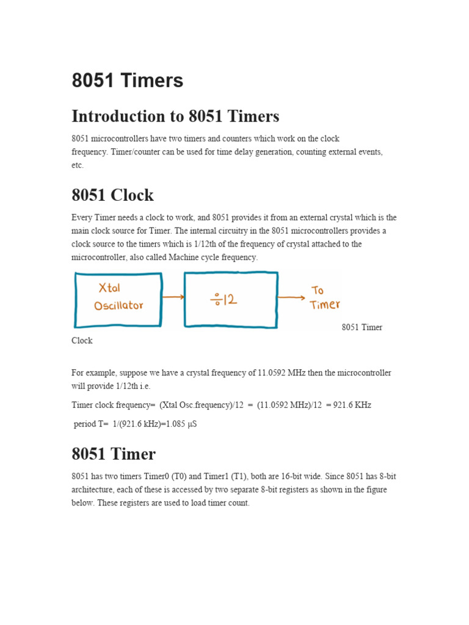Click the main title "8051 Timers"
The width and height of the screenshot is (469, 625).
[127, 81]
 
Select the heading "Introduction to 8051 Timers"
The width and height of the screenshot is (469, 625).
[175, 116]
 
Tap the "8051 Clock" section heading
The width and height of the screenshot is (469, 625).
[112, 195]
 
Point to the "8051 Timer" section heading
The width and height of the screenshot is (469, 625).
[114, 454]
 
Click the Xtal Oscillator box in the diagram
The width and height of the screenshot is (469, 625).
[118, 300]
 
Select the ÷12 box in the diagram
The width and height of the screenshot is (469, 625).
[231, 300]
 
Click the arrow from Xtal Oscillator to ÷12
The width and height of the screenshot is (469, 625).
[173, 297]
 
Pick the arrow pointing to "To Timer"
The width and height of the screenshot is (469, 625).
[291, 298]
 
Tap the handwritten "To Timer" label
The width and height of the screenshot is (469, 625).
[324, 297]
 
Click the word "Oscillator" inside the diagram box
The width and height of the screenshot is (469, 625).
[118, 306]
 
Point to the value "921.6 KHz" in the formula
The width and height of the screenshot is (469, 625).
[349, 405]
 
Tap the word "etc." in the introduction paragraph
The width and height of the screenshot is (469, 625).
[78, 165]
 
